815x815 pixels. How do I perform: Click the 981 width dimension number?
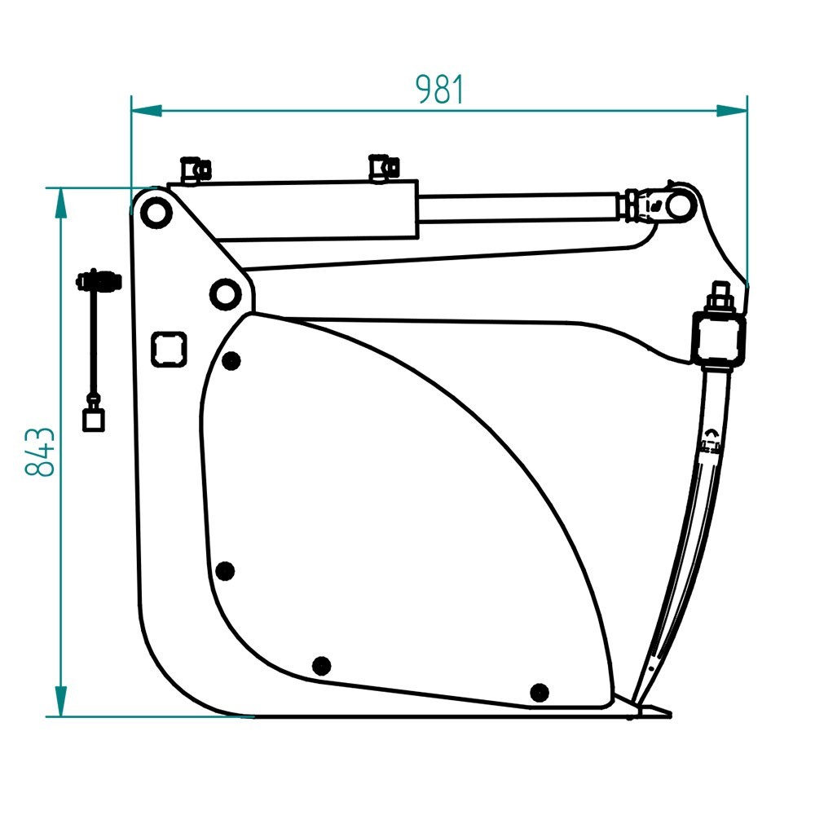click(439, 90)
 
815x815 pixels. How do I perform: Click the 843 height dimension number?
click(39, 452)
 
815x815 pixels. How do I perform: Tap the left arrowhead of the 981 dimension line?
click(147, 110)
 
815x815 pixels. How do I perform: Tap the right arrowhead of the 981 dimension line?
click(732, 110)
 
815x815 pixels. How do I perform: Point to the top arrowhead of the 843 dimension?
click(61, 203)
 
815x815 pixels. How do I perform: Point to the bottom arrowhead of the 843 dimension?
click(61, 702)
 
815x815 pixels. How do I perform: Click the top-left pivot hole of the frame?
click(156, 212)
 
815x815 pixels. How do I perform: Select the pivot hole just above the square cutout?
click(225, 294)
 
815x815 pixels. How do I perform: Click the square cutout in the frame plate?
click(169, 349)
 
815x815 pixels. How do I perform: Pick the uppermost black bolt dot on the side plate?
click(231, 360)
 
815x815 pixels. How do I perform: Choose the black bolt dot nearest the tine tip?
click(540, 692)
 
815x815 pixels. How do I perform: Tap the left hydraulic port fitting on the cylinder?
click(195, 170)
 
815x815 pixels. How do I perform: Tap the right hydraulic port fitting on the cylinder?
click(384, 168)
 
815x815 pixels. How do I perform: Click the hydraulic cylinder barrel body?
click(293, 210)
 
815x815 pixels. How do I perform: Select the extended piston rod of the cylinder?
click(520, 207)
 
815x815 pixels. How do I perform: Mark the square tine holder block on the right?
click(720, 337)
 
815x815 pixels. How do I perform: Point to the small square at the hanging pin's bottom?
click(94, 420)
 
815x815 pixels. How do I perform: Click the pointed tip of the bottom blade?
click(671, 714)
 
